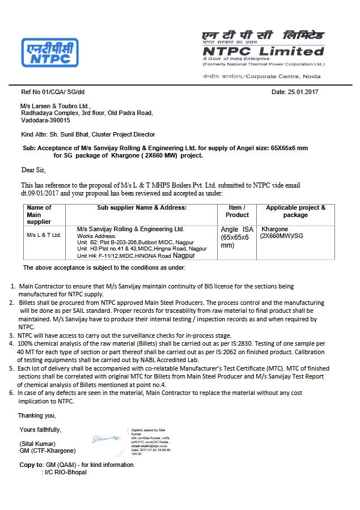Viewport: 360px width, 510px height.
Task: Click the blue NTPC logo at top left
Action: coord(50,53)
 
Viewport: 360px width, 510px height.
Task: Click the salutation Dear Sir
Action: coord(33,169)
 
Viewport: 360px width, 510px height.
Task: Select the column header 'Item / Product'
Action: coord(237,211)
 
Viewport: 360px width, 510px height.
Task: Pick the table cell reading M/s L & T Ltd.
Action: coord(44,235)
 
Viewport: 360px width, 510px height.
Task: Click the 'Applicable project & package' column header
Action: coord(295,211)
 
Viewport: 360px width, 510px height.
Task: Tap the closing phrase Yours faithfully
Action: coord(40,429)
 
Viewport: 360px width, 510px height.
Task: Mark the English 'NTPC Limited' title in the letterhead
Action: coord(263,51)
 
